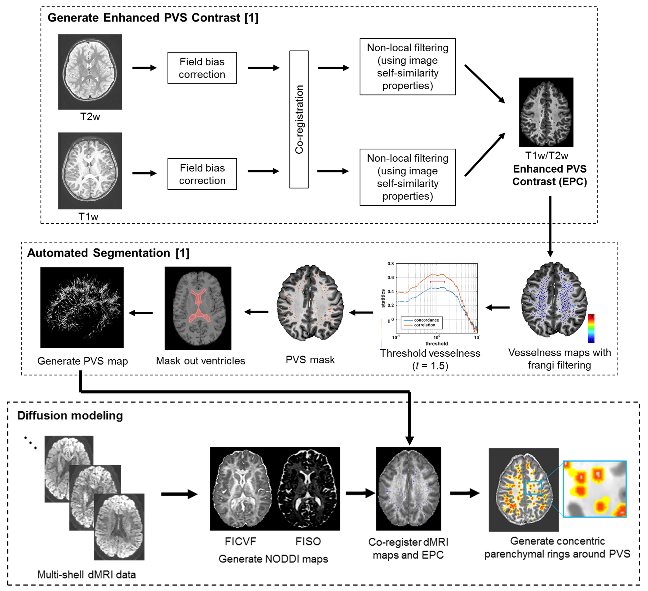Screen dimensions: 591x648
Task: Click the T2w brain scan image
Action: pyautogui.click(x=90, y=71)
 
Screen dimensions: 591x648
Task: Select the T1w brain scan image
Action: pyautogui.click(x=90, y=171)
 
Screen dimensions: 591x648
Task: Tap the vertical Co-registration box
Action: pyautogui.click(x=299, y=119)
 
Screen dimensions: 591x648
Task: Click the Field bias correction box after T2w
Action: pyautogui.click(x=202, y=68)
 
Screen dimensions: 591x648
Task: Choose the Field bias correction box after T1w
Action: pyautogui.click(x=202, y=174)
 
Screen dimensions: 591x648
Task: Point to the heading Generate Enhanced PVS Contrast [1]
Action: pyautogui.click(x=153, y=18)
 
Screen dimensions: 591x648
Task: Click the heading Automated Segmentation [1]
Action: pyautogui.click(x=108, y=253)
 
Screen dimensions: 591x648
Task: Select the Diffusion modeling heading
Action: pyautogui.click(x=70, y=415)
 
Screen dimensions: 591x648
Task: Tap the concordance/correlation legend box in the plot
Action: pyautogui.click(x=422, y=323)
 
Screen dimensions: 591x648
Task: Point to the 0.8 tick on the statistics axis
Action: pyautogui.click(x=390, y=264)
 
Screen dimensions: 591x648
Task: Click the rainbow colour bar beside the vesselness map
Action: pyautogui.click(x=591, y=328)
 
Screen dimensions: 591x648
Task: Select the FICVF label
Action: pyautogui.click(x=240, y=541)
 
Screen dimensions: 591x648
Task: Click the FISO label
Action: pyautogui.click(x=308, y=541)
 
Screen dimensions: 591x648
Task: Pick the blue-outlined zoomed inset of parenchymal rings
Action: pyautogui.click(x=595, y=489)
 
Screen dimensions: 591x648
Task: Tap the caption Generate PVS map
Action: pyautogui.click(x=83, y=361)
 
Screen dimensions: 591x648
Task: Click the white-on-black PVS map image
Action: pyautogui.click(x=82, y=307)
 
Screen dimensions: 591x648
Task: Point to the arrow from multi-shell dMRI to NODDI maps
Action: pyautogui.click(x=179, y=494)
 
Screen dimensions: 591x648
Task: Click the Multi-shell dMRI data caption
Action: pyautogui.click(x=86, y=574)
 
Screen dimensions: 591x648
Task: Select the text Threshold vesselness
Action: pyautogui.click(x=430, y=353)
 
